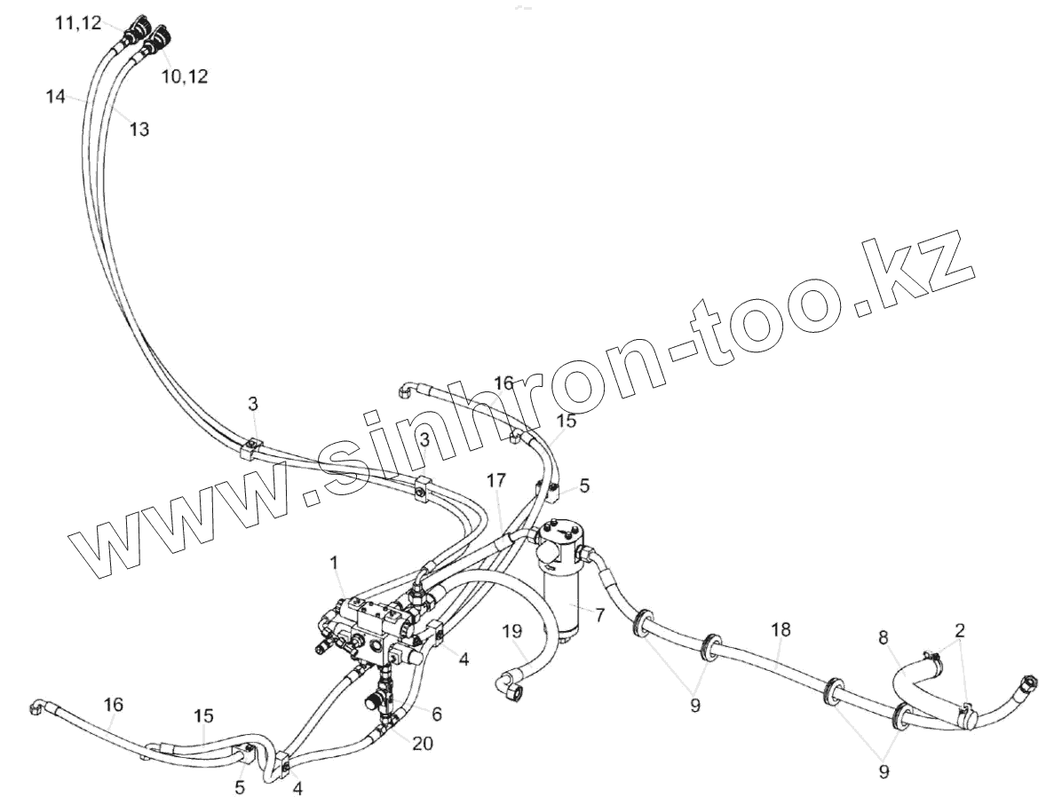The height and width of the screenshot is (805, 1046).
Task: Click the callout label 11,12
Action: [x=77, y=24]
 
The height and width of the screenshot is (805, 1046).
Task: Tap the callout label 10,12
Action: [x=185, y=76]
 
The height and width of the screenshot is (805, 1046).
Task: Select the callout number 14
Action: [x=57, y=97]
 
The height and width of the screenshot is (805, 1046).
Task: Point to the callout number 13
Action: [x=139, y=130]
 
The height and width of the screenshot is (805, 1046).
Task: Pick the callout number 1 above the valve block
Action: [x=334, y=562]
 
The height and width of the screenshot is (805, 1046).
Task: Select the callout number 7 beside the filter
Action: [x=599, y=614]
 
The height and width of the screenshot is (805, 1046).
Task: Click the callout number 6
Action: [x=436, y=713]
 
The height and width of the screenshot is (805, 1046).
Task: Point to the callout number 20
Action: [x=423, y=744]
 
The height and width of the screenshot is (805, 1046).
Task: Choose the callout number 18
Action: [x=781, y=629]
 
